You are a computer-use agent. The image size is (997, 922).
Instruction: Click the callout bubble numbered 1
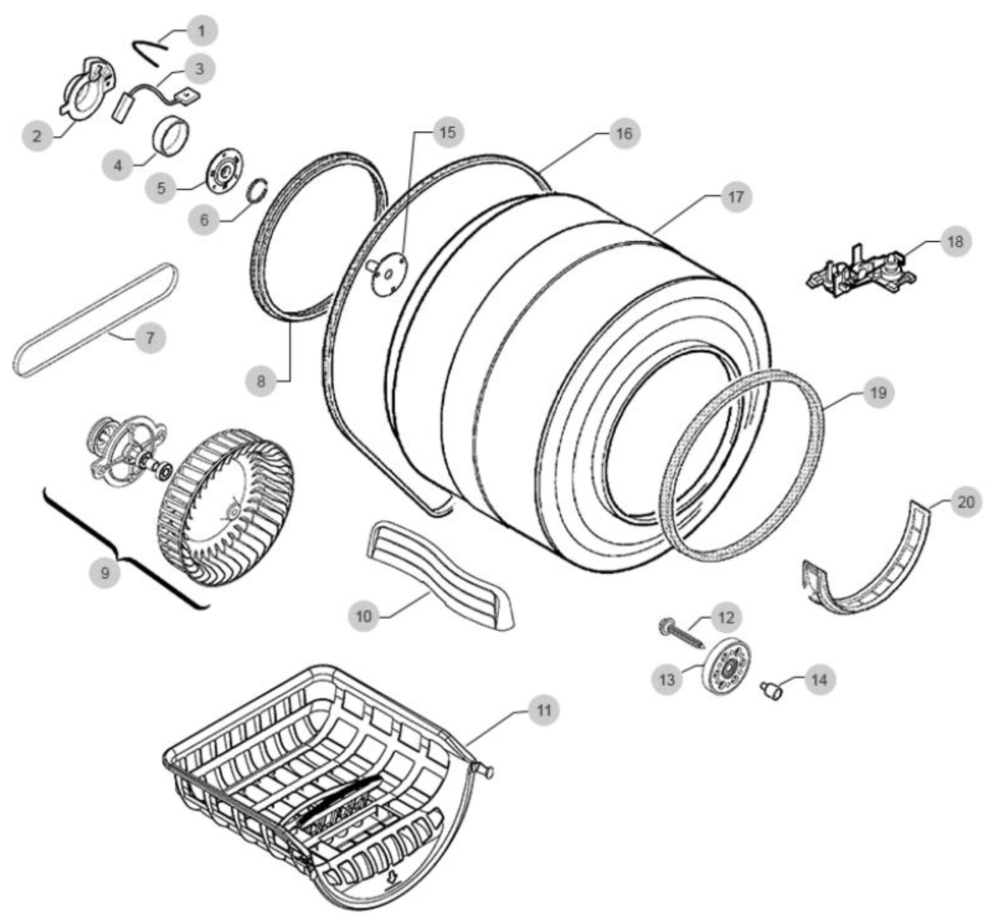tap(202, 31)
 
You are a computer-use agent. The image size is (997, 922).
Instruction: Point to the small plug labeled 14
tap(772, 692)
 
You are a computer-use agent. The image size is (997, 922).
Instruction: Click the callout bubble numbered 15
tap(447, 132)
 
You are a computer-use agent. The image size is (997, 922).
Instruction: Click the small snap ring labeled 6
tap(258, 191)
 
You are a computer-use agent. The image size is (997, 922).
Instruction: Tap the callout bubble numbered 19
tap(878, 393)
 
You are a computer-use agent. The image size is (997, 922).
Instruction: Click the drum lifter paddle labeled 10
tap(439, 574)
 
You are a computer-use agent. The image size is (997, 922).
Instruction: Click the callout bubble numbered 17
tap(735, 197)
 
